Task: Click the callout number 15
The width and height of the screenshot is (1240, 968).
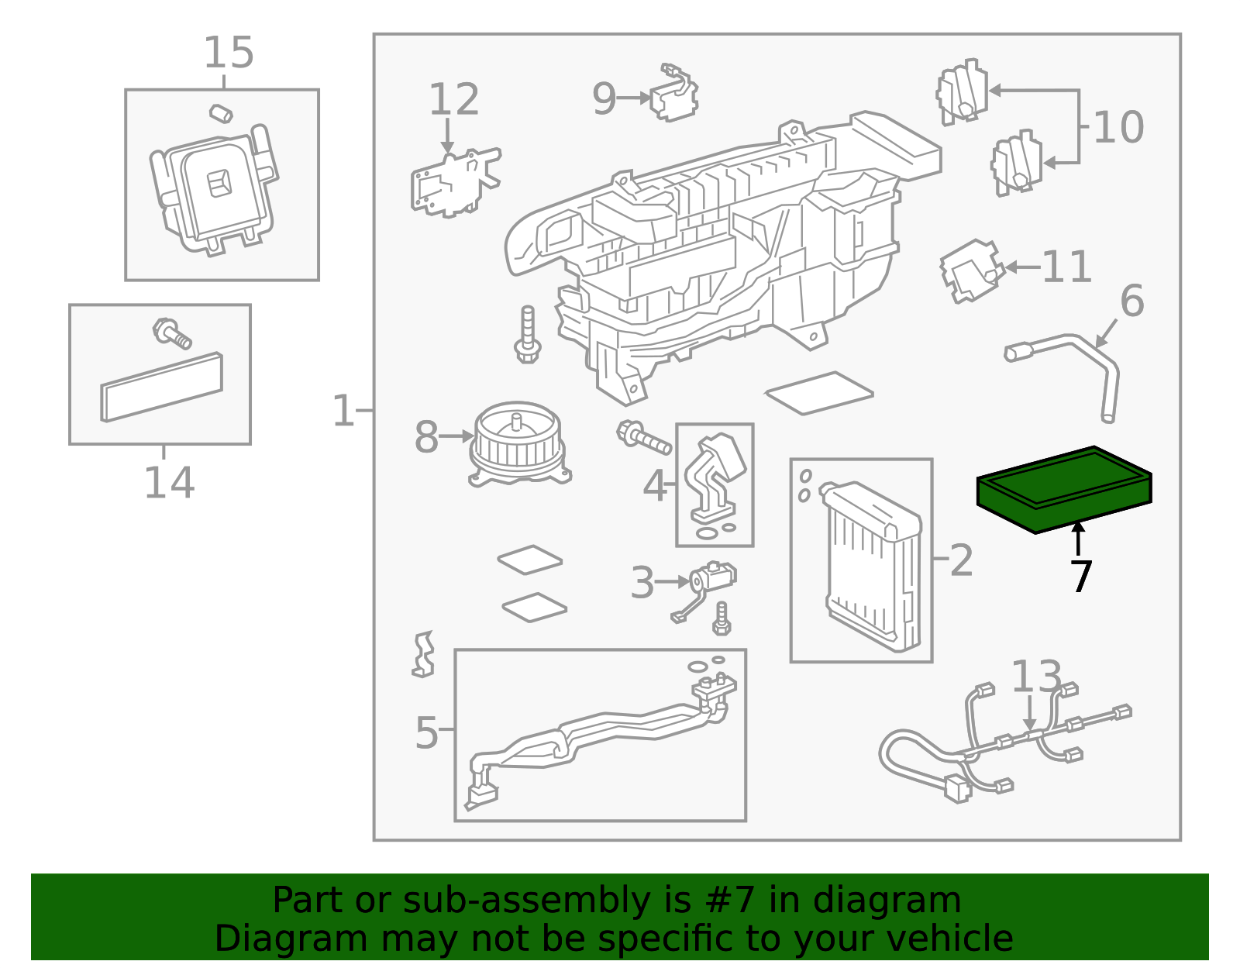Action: [x=229, y=53]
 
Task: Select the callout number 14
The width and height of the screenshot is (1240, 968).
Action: [x=169, y=483]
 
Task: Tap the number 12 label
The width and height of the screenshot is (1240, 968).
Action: [x=453, y=99]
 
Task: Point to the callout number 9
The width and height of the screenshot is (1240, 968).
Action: [x=604, y=98]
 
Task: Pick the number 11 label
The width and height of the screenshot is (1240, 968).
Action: [x=1066, y=267]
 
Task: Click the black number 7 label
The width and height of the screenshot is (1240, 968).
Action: [x=1081, y=577]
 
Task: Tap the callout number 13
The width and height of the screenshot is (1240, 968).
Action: [x=1035, y=677]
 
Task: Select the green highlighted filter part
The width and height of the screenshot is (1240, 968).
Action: [x=1063, y=489]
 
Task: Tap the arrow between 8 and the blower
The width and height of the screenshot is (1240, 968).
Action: [x=456, y=436]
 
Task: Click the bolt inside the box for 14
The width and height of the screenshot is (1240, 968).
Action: [x=172, y=333]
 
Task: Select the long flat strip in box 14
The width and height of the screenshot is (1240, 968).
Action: [x=161, y=388]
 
